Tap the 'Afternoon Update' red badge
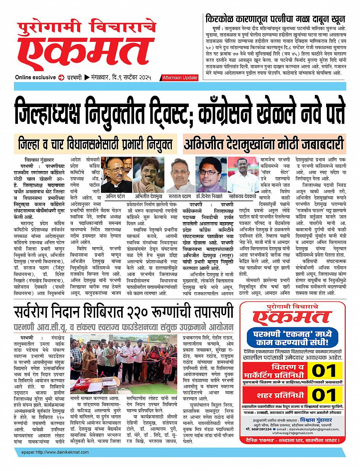click(180, 78)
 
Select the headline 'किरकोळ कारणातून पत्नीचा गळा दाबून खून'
click(275, 19)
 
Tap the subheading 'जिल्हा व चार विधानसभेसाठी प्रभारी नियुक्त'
click(96, 145)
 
